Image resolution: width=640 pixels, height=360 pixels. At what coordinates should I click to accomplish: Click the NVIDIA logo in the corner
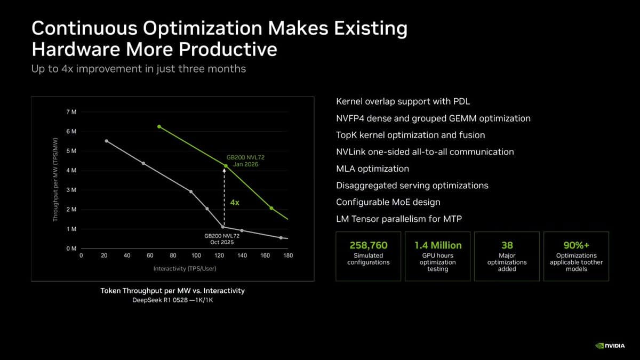pyautogui.click(x=613, y=345)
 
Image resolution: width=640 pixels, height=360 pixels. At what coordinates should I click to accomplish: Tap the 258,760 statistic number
pyautogui.click(x=368, y=245)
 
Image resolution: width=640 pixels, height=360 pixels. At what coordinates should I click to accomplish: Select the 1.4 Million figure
pyautogui.click(x=438, y=245)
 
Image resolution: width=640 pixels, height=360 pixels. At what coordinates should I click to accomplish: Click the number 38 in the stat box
pyautogui.click(x=507, y=245)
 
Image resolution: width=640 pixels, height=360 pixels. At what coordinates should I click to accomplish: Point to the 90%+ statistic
pyautogui.click(x=576, y=245)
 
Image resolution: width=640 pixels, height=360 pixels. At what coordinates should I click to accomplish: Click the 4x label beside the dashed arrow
pyautogui.click(x=235, y=203)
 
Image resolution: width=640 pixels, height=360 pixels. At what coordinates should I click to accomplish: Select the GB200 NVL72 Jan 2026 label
pyautogui.click(x=245, y=161)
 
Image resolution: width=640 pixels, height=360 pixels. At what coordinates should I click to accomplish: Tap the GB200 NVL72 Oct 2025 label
pyautogui.click(x=222, y=238)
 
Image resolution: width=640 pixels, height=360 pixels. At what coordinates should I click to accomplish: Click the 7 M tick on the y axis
pyautogui.click(x=71, y=112)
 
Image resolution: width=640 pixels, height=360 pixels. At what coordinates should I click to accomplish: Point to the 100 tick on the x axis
pyautogui.click(x=196, y=256)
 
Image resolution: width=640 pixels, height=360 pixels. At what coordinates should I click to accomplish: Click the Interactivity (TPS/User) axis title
pyautogui.click(x=185, y=268)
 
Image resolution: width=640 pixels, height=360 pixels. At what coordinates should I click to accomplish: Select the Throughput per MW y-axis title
pyautogui.click(x=55, y=180)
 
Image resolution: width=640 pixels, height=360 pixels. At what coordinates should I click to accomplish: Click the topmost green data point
pyautogui.click(x=159, y=126)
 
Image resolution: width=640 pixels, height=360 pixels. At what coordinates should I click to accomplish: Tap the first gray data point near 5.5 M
pyautogui.click(x=107, y=141)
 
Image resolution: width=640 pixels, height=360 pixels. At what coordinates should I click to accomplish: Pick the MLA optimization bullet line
pyautogui.click(x=372, y=169)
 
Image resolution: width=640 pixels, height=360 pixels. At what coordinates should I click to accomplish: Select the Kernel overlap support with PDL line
pyautogui.click(x=403, y=101)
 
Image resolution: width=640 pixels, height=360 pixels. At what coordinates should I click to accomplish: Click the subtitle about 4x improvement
pyautogui.click(x=139, y=69)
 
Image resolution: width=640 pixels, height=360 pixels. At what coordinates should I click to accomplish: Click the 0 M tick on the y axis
pyautogui.click(x=71, y=249)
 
